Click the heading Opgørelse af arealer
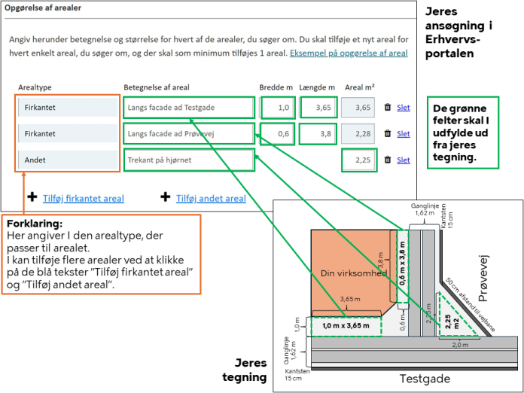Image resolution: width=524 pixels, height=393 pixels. (x=44, y=8)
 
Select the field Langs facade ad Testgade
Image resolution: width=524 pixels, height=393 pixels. (x=188, y=108)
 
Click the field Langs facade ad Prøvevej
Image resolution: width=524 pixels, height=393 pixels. (x=188, y=134)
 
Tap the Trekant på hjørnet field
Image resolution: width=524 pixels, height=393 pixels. (x=188, y=160)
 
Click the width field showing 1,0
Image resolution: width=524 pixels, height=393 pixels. (x=276, y=108)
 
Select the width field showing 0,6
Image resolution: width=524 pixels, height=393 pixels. (x=276, y=134)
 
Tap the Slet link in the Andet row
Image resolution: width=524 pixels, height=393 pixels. (x=404, y=160)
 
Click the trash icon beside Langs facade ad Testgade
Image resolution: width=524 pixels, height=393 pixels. (x=387, y=108)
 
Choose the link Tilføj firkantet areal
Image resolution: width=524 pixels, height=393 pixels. (x=84, y=199)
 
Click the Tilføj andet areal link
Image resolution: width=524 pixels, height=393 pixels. (x=211, y=199)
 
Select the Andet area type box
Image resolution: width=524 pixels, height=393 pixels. (x=68, y=160)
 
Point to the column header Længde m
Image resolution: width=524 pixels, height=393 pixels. (x=316, y=87)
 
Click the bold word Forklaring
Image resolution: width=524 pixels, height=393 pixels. (x=34, y=224)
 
